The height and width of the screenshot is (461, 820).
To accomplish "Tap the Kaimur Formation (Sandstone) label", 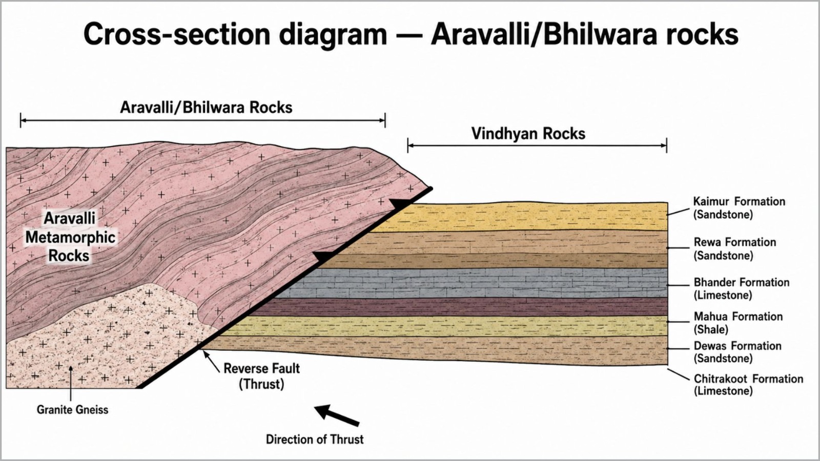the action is [x=739, y=208].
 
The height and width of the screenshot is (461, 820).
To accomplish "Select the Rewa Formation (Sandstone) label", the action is [x=735, y=249].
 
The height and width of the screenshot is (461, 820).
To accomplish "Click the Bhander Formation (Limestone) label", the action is [x=741, y=289].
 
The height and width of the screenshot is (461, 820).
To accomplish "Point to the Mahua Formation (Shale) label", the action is [x=738, y=323].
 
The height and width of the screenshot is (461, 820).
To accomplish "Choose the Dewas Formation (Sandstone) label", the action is [x=737, y=352].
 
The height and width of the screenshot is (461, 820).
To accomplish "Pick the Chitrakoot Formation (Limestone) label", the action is [x=748, y=385].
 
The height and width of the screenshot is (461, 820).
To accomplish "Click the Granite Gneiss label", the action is [x=72, y=410].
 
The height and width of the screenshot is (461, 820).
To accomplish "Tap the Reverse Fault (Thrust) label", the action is [x=261, y=376].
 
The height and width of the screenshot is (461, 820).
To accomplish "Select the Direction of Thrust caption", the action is [x=315, y=439].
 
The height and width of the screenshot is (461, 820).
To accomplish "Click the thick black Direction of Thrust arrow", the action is [x=337, y=415].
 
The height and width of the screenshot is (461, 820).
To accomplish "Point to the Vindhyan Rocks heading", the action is [x=528, y=134].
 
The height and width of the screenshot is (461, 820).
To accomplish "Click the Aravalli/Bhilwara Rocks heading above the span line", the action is [x=206, y=108].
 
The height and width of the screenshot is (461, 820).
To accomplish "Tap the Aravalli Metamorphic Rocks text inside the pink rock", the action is [x=70, y=237].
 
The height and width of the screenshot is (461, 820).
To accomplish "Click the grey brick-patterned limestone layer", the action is [x=472, y=283].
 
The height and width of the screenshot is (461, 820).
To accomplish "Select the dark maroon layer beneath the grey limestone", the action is [x=458, y=307].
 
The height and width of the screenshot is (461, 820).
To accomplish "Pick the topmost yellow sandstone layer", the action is [x=520, y=217].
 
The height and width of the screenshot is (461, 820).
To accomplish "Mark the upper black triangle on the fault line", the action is [x=400, y=204].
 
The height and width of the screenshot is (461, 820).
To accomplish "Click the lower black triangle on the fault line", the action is [x=324, y=257].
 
